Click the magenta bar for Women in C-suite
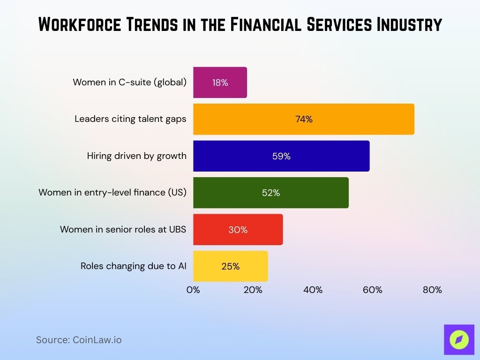coord(220,82)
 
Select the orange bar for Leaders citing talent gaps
coord(303,119)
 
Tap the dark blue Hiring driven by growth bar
coord(281,156)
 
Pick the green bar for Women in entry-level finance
coord(270,193)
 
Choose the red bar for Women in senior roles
coord(238,230)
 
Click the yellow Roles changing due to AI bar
coord(230,266)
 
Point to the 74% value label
coord(304,119)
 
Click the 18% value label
coord(220,82)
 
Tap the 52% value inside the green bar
coord(271,193)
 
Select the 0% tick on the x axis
coord(193,290)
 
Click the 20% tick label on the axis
coord(253,290)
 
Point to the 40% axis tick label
coord(313,290)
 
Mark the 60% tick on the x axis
coord(373,290)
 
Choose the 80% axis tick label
coord(432,290)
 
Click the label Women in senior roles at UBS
coord(123,230)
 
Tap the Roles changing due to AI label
coord(133,266)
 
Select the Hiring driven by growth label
coord(136,156)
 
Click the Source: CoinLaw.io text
coord(79,340)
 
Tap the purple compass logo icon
coord(459,339)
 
